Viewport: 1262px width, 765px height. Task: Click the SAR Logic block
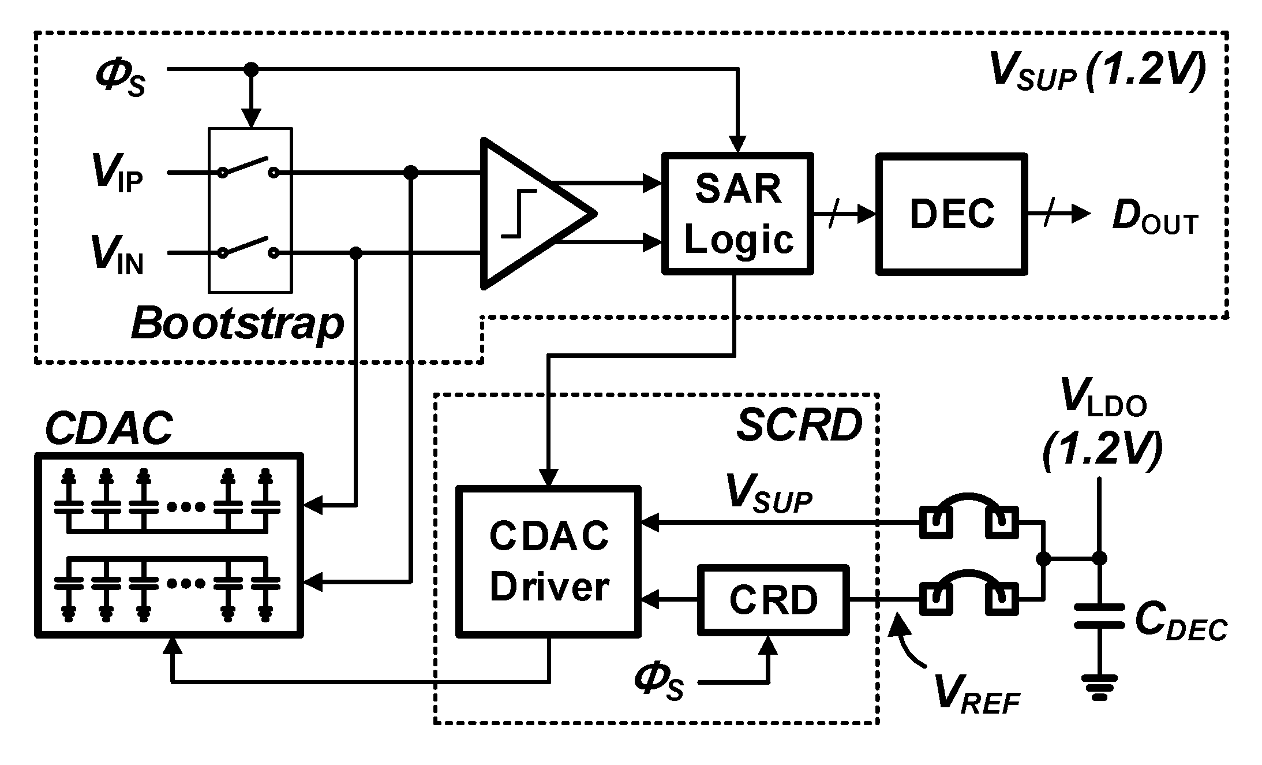(737, 213)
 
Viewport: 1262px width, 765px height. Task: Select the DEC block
(952, 214)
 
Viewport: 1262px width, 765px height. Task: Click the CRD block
(773, 600)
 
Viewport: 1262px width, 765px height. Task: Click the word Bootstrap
(237, 324)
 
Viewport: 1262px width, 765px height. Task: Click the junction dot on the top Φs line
(250, 69)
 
